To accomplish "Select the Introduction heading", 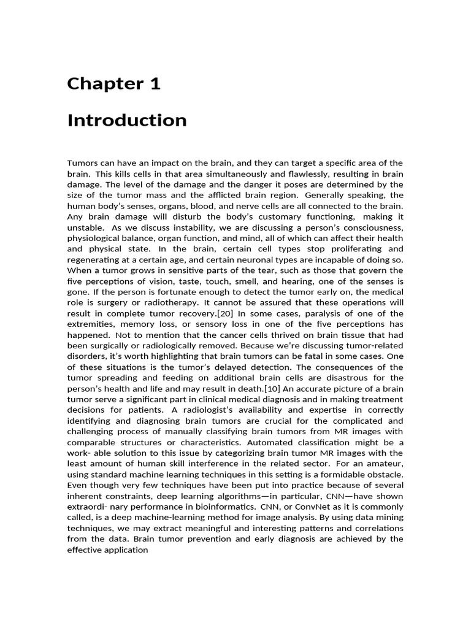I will pos(127,120).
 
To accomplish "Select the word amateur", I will pos(385,463).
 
